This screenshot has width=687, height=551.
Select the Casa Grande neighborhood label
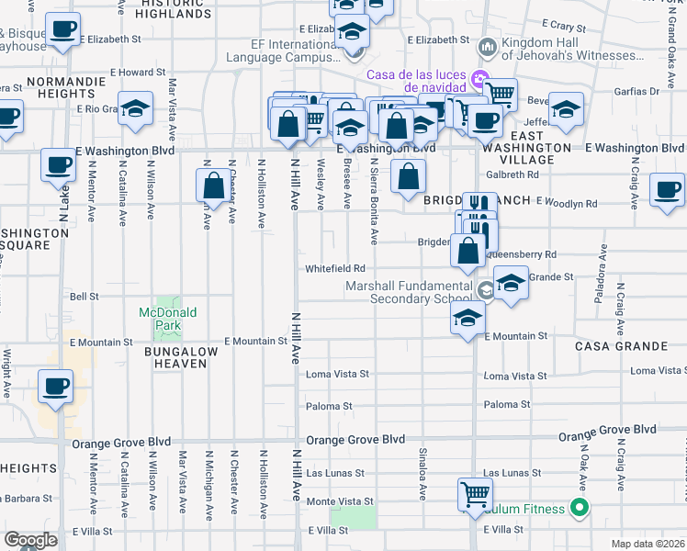click(x=621, y=346)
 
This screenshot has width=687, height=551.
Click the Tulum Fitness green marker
click(x=578, y=507)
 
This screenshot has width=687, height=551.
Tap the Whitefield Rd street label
click(x=335, y=268)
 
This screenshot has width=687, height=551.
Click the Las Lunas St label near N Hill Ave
click(x=336, y=474)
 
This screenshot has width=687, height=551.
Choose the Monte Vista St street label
click(x=340, y=501)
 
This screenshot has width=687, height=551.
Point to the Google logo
click(x=30, y=540)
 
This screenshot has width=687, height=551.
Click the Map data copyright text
click(x=648, y=544)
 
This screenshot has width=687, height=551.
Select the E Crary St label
click(x=569, y=23)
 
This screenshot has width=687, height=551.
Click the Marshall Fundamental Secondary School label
click(x=410, y=292)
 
